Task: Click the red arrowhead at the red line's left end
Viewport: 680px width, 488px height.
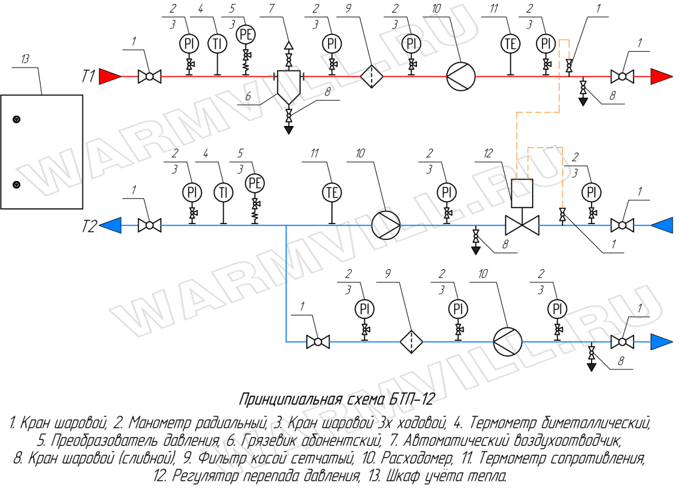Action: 108,76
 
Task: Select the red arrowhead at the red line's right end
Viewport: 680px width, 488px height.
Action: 661,76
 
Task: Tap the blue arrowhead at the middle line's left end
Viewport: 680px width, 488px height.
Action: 110,225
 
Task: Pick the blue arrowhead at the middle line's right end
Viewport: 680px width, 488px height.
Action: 662,225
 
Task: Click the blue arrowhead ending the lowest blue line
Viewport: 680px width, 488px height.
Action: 661,342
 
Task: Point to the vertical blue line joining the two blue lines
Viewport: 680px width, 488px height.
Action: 286,285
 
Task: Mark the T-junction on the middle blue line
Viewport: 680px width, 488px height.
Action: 286,225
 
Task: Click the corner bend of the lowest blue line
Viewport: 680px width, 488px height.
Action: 286,341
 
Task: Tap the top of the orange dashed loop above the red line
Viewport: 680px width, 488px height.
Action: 564,40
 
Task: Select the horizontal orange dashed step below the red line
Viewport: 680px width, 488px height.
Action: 538,113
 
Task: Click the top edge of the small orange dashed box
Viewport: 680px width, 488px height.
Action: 545,148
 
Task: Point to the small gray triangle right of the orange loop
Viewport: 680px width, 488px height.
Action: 583,101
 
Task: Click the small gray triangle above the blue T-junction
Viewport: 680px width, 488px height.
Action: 289,130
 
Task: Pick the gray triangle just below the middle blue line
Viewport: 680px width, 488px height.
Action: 475,250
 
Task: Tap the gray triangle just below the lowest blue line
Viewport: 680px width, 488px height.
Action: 591,367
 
